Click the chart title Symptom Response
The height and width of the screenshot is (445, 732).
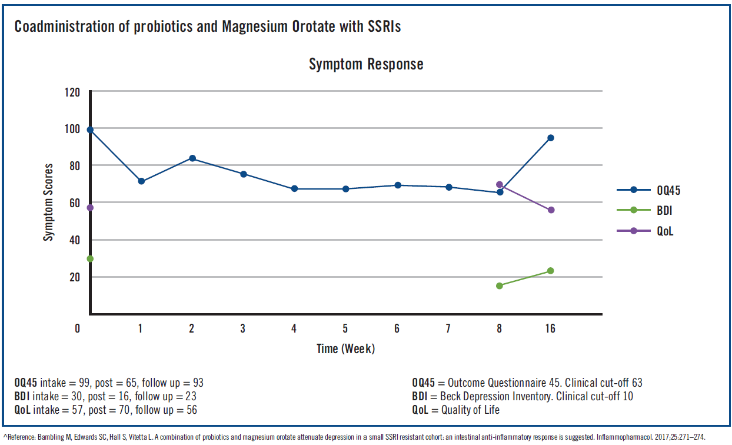tap(366, 64)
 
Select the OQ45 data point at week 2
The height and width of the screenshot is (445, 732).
tap(192, 158)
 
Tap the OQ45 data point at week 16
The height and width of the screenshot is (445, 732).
tap(551, 138)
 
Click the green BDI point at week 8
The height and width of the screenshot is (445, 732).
tap(500, 286)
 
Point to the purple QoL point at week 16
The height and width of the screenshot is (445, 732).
tap(551, 210)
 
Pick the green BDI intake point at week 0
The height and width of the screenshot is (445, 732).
tap(90, 259)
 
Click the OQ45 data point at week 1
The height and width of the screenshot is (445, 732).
tap(141, 181)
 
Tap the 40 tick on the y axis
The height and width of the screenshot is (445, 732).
tap(75, 240)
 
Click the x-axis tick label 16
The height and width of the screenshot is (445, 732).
tap(550, 329)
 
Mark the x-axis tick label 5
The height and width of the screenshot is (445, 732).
tap(345, 329)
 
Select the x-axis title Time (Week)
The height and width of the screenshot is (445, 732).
tap(345, 348)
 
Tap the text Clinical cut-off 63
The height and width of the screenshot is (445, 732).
tap(606, 383)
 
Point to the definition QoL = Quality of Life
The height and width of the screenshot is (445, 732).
tap(456, 410)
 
